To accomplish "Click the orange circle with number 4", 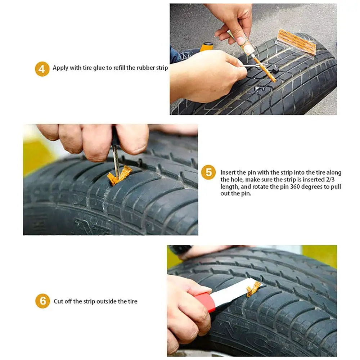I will pyautogui.click(x=42, y=68).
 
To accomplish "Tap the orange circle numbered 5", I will pyautogui.click(x=208, y=172).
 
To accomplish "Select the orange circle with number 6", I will pyautogui.click(x=42, y=301).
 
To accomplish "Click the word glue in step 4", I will pyautogui.click(x=99, y=68).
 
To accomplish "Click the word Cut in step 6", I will pyautogui.click(x=58, y=301).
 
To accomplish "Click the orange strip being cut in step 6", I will pyautogui.click(x=253, y=289).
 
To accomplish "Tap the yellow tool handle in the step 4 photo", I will pyautogui.click(x=207, y=47).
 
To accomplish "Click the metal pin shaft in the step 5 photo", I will pyautogui.click(x=116, y=161).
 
